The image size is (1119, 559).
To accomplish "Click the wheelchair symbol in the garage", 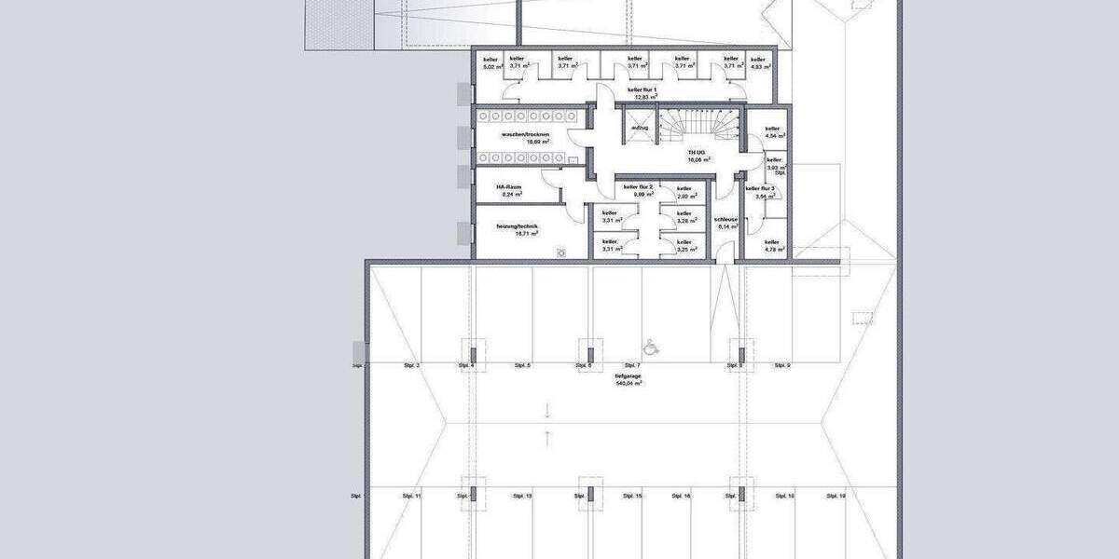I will (x=653, y=346).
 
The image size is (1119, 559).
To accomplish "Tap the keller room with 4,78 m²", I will (x=773, y=245).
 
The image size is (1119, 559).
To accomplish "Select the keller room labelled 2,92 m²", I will (x=686, y=192).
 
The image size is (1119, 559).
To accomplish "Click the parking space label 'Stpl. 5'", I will (x=522, y=366).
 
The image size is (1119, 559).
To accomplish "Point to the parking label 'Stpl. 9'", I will (x=781, y=366).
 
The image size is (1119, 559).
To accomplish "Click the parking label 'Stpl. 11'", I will (x=412, y=497).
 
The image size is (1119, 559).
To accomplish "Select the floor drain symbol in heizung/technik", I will (x=562, y=252).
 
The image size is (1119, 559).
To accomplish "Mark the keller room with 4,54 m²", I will (x=773, y=132).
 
